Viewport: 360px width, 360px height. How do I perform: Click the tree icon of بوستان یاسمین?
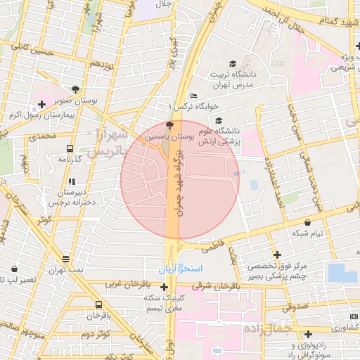168,124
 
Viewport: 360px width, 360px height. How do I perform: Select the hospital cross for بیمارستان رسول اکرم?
42,105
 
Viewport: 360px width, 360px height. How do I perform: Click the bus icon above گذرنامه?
70,148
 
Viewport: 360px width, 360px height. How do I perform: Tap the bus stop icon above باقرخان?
98,305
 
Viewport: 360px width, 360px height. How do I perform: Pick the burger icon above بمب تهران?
65,259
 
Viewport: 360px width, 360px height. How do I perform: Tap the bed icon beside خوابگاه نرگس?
194,96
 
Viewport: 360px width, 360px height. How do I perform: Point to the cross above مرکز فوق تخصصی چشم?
278,255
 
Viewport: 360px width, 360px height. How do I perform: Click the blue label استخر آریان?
179,269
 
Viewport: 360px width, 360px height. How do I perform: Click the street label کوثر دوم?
97,334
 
